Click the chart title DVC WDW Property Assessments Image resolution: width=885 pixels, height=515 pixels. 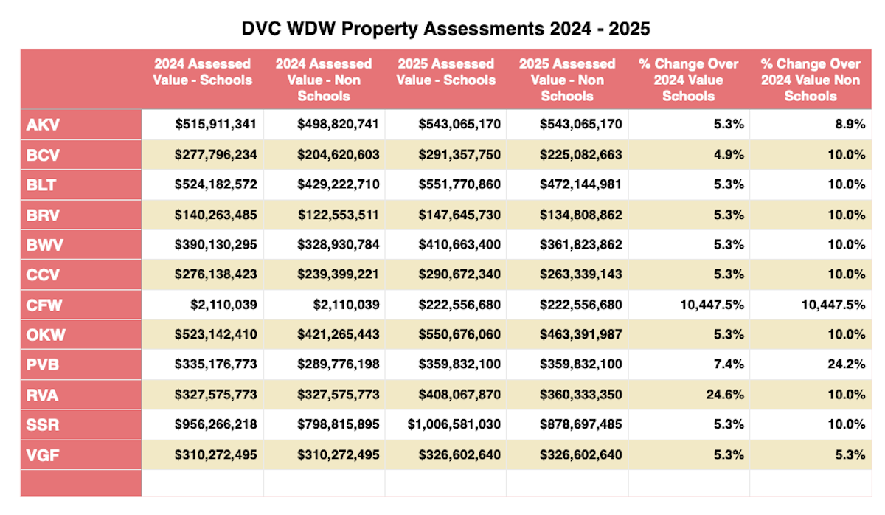click(446, 29)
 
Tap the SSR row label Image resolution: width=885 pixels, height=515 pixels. click(44, 424)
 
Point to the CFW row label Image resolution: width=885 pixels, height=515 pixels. click(44, 305)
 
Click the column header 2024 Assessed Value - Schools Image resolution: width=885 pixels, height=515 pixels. click(202, 72)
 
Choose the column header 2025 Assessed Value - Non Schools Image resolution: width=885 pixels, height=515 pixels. click(566, 80)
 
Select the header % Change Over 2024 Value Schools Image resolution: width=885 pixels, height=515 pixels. click(688, 80)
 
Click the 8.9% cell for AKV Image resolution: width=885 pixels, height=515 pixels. click(850, 125)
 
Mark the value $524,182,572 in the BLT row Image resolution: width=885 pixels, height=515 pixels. click(216, 184)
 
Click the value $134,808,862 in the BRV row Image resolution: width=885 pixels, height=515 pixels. click(581, 215)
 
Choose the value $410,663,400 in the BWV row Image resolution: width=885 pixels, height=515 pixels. click(459, 245)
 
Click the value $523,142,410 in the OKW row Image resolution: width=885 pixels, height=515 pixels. click(216, 334)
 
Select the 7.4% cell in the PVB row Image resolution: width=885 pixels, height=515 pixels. click(729, 364)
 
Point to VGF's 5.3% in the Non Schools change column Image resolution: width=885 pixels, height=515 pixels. click(850, 454)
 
